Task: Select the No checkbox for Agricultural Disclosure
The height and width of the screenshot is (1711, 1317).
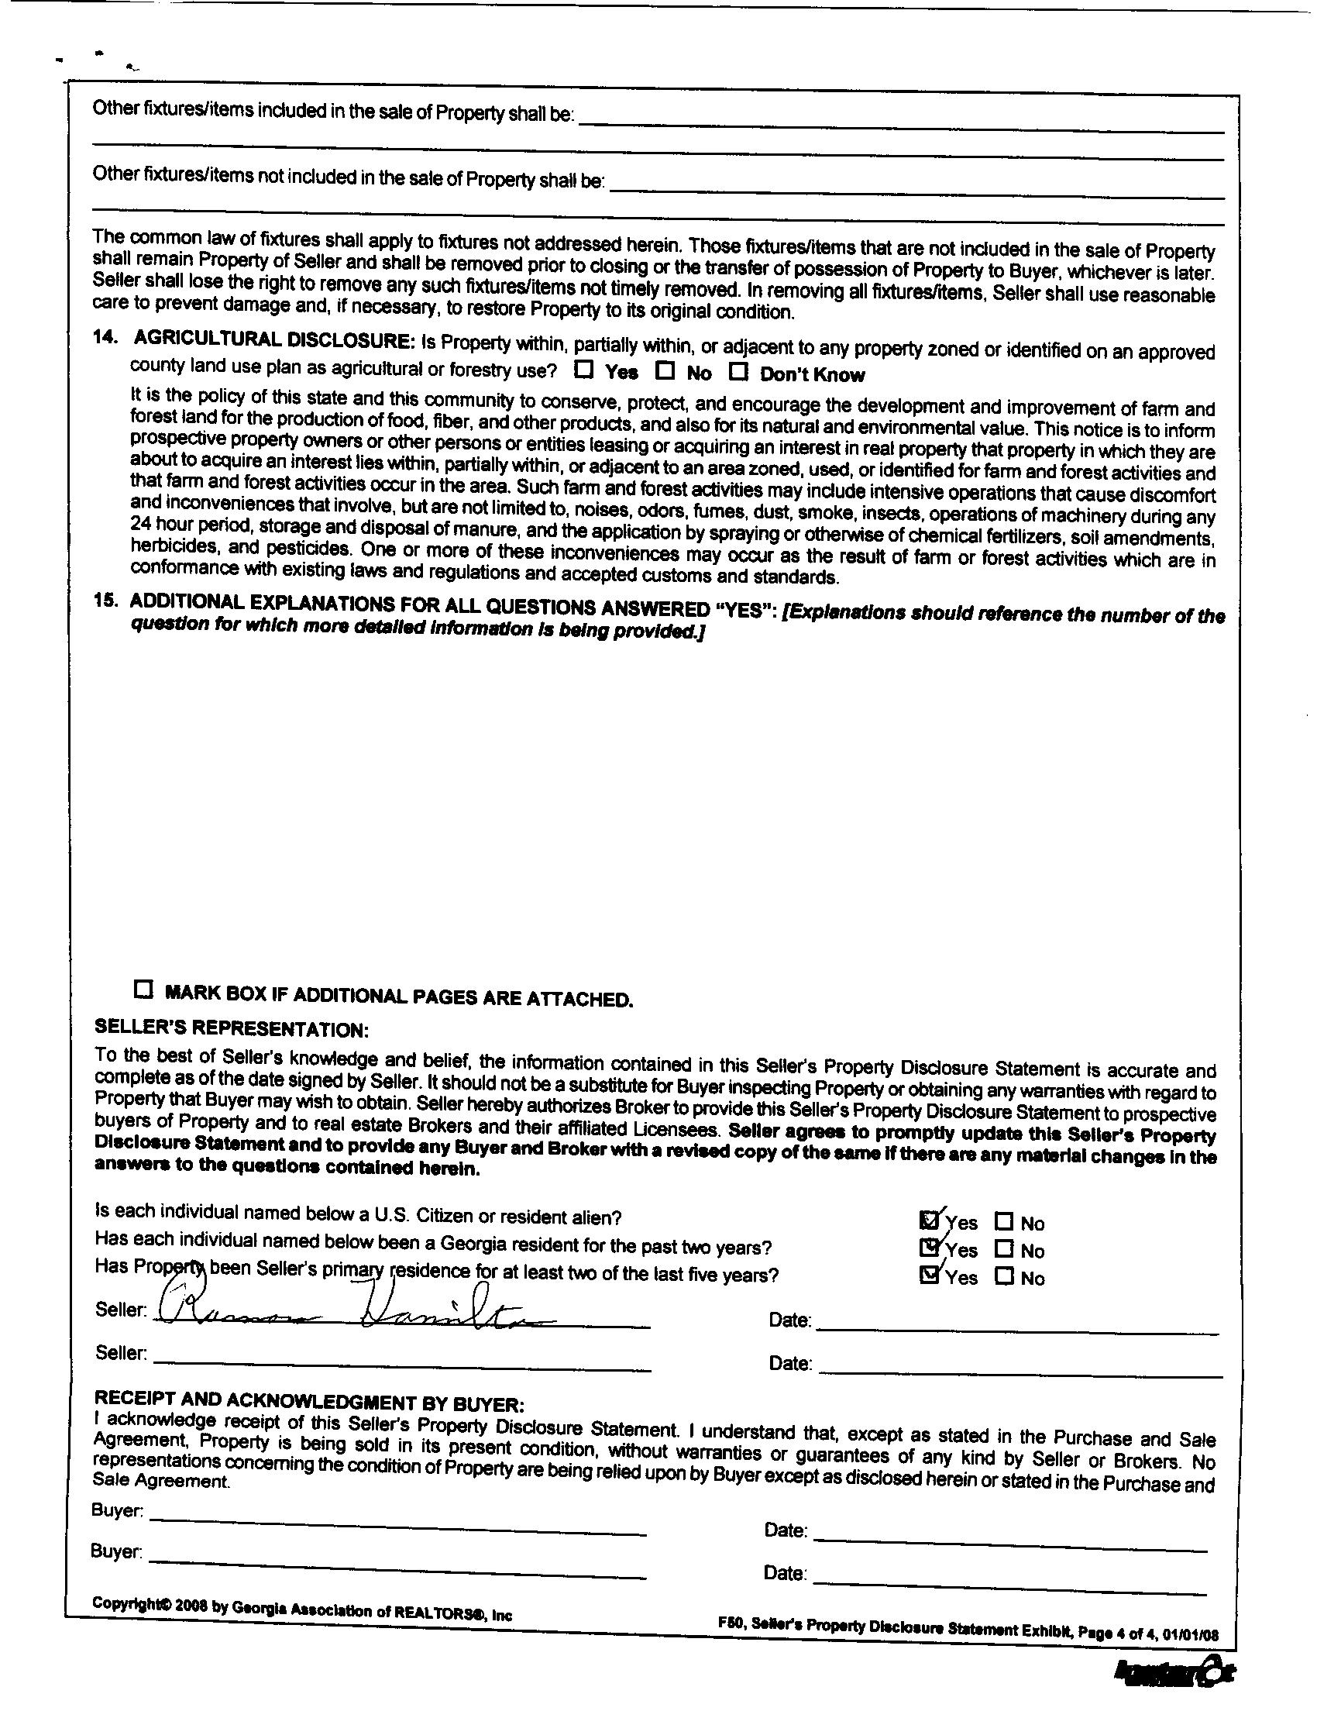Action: (x=665, y=370)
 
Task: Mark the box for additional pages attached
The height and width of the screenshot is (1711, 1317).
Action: (x=143, y=989)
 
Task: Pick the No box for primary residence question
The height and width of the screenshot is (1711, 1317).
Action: (x=1004, y=1276)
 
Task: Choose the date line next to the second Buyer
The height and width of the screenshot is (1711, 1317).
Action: (x=1010, y=1589)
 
